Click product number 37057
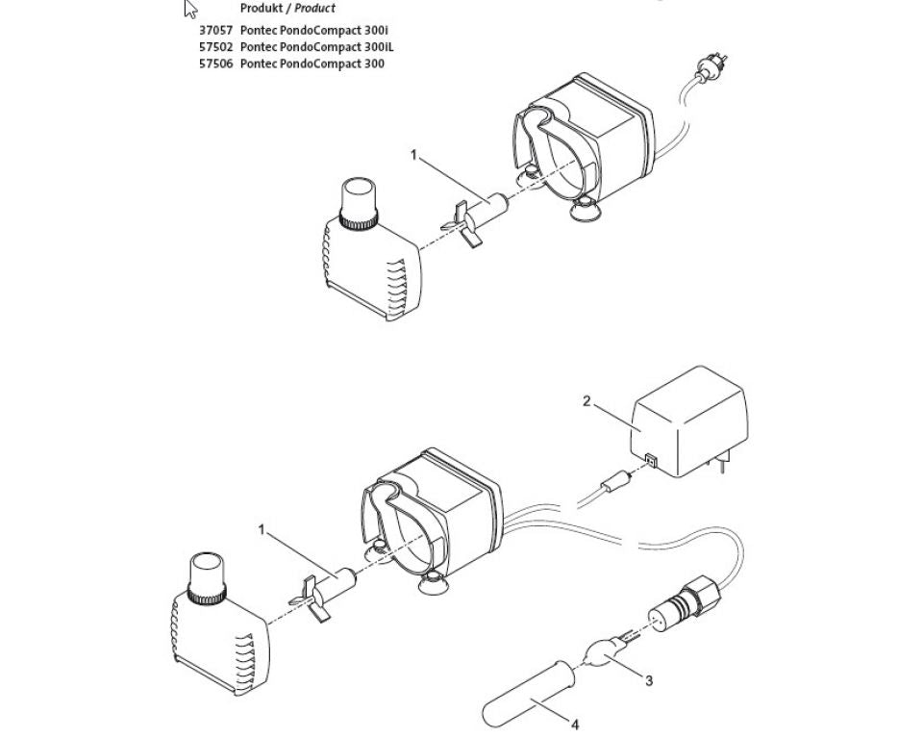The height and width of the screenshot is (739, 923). point(215,30)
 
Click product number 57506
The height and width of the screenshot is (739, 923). point(215,64)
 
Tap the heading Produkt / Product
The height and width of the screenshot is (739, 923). point(287,8)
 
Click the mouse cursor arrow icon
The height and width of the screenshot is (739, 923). point(190,10)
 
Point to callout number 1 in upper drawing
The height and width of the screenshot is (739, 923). point(414,154)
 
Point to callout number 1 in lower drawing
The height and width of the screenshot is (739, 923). point(261,528)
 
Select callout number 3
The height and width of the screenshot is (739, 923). point(649,680)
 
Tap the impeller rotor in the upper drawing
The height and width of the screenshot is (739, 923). point(472,219)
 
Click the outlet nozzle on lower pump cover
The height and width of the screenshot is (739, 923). point(209,576)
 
